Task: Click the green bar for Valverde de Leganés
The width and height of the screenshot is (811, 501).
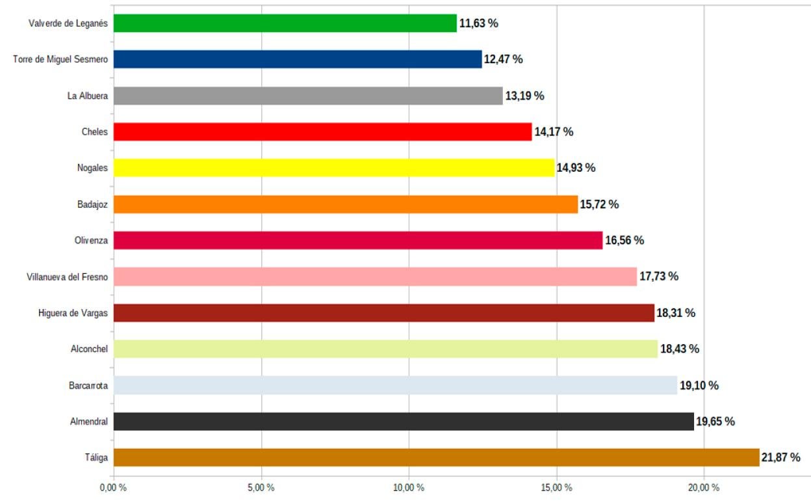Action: tap(285, 23)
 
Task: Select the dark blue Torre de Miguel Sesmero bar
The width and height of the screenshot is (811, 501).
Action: tap(297, 59)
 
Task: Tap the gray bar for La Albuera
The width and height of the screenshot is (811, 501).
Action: tap(307, 96)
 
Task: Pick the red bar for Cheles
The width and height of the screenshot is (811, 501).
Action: tap(322, 132)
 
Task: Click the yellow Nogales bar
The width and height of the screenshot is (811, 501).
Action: tap(333, 168)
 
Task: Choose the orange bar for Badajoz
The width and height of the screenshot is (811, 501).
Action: tap(345, 204)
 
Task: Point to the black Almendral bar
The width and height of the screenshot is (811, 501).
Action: tap(403, 421)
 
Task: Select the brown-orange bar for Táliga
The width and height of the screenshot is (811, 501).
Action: tap(436, 457)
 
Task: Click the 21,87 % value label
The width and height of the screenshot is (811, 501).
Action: tap(780, 457)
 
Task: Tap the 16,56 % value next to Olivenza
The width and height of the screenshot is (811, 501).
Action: tap(624, 241)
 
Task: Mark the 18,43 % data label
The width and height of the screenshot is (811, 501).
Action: tap(680, 349)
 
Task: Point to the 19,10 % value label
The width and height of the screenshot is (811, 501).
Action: tap(699, 385)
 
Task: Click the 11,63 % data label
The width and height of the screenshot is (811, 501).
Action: tap(479, 23)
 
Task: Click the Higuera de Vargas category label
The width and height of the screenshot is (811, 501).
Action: tap(73, 313)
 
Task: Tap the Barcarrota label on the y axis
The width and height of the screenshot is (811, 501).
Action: tap(88, 386)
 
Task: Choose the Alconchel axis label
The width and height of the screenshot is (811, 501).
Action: tap(89, 349)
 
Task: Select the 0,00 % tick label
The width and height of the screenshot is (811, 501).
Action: tap(112, 487)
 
